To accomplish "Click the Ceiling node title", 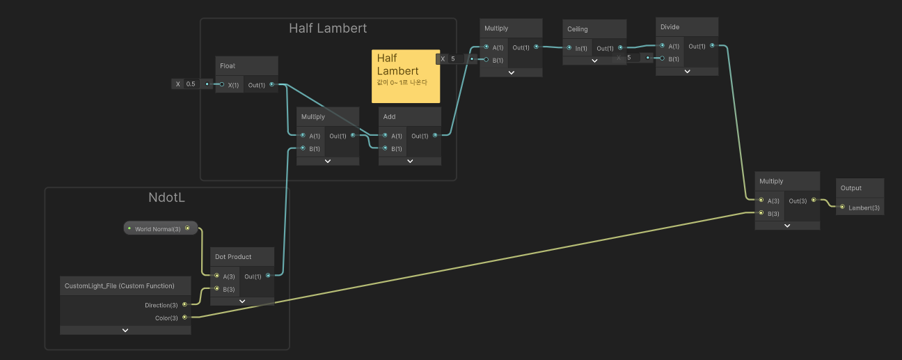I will click(578, 29).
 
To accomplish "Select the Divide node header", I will click(670, 27).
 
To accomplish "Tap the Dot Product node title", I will click(233, 257).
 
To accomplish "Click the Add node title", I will click(390, 117).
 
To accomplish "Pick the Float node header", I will click(228, 66).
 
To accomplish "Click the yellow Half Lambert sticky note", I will click(405, 77).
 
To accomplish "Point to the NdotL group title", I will click(167, 198).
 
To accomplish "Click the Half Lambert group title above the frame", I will click(328, 29).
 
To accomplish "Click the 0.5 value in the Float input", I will click(191, 84).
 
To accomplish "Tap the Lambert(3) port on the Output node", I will click(842, 208).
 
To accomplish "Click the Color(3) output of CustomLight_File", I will click(184, 318).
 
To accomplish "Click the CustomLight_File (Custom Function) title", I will click(119, 286).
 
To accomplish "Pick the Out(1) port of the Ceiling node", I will click(619, 49).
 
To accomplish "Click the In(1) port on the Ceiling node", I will click(570, 49).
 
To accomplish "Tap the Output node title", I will click(851, 188).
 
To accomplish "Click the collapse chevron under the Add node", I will click(410, 161).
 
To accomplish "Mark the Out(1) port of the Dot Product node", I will click(268, 276).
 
